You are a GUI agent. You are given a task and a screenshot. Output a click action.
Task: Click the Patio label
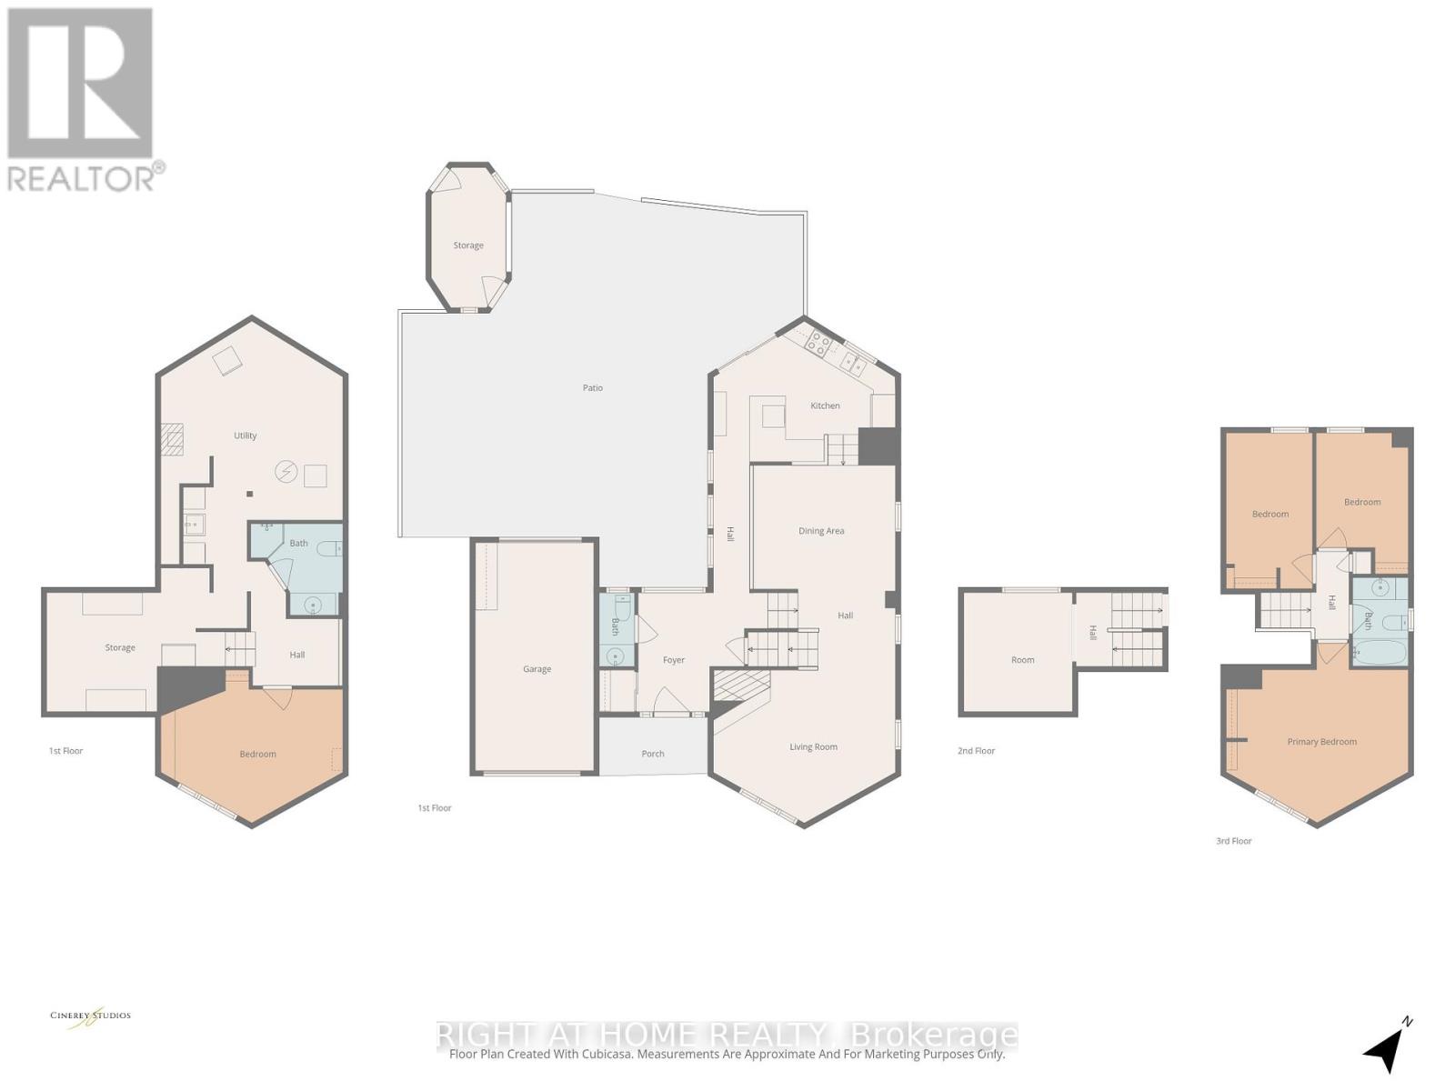[x=593, y=388]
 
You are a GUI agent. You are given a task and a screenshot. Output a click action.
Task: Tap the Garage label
[x=537, y=669]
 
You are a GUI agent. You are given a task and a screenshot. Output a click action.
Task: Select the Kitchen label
[x=825, y=405]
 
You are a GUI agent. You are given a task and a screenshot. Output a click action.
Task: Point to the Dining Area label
[x=821, y=531]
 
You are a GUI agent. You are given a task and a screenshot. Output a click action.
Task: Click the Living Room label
[x=813, y=747]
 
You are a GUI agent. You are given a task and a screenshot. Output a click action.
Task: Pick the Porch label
[x=653, y=754]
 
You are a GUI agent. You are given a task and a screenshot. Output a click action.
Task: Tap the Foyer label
[x=673, y=660]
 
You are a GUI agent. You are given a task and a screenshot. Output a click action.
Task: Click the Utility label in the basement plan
[x=245, y=435]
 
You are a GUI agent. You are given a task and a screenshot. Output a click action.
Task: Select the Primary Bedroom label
[x=1321, y=742]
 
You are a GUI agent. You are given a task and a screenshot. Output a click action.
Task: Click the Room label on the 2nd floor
[x=1022, y=660]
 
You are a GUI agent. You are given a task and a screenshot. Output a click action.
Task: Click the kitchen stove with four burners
[x=818, y=344]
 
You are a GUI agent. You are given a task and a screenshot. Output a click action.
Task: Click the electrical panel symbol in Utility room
[x=286, y=471]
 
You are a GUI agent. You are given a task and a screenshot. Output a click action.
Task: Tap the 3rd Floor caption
[x=1233, y=841]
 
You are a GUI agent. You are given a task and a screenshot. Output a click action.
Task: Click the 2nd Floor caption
[x=976, y=751]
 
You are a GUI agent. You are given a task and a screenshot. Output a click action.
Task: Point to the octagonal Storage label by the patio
[x=468, y=245]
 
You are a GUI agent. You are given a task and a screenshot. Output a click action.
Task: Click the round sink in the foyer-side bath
[x=616, y=656]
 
